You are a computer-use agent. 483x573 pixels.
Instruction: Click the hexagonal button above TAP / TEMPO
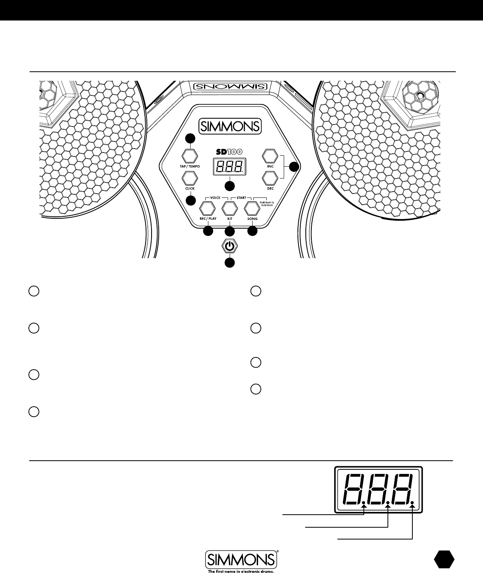[190, 155]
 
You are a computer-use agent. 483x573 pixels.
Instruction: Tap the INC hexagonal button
[270, 156]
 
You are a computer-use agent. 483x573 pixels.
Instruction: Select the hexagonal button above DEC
[270, 178]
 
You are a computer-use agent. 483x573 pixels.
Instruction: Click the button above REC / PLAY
[206, 208]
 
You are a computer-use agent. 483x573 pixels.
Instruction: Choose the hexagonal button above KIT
[229, 208]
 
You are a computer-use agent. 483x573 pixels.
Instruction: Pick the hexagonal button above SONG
[252, 208]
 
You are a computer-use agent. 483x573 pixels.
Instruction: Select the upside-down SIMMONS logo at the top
[230, 87]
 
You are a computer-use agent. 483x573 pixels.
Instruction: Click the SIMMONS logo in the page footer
[241, 558]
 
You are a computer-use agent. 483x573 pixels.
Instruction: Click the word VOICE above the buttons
[215, 197]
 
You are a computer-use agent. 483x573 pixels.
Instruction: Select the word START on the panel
[241, 197]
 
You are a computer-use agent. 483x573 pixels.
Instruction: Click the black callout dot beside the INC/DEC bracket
[293, 167]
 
